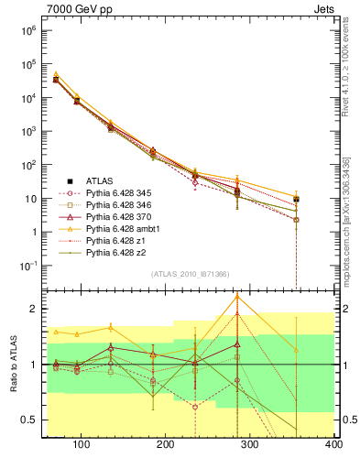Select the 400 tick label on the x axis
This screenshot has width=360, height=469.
coord(333,444)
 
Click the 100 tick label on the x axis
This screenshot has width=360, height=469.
coord(81,444)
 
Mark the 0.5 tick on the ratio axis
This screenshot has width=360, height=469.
coord(29,420)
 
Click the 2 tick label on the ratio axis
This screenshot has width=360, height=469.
coord(33,309)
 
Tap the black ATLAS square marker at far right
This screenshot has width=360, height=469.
coord(322,199)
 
